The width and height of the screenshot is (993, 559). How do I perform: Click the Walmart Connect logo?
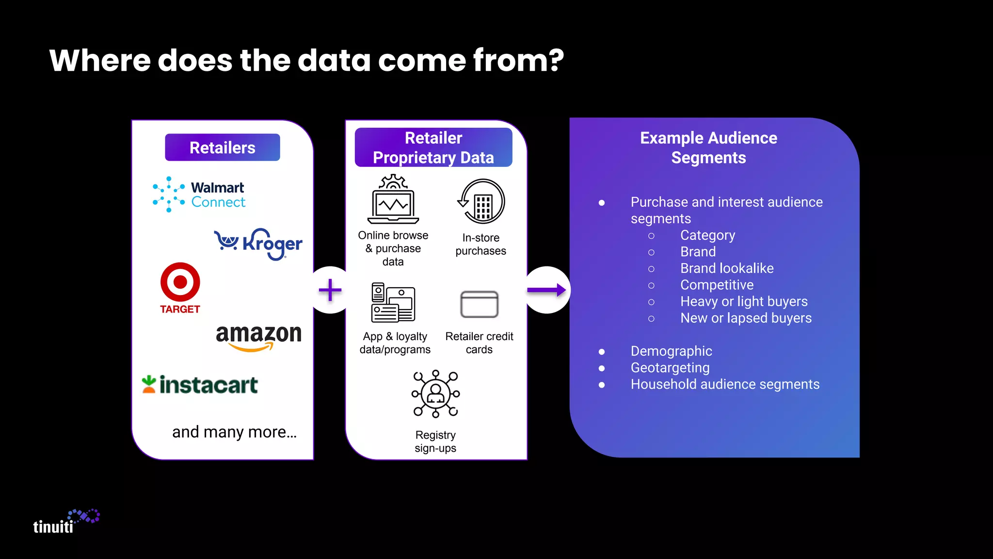(x=199, y=195)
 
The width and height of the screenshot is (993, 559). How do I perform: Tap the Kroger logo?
(x=258, y=243)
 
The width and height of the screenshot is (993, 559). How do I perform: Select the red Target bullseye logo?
(x=180, y=282)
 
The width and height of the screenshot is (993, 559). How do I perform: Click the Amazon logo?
(x=258, y=336)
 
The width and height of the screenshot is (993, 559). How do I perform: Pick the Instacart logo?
(x=200, y=385)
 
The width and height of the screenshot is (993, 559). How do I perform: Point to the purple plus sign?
(x=330, y=290)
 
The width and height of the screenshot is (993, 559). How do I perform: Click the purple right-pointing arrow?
(x=546, y=290)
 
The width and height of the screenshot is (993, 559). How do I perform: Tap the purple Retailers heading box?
(x=223, y=148)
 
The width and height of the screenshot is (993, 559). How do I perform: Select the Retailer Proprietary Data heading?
(x=433, y=148)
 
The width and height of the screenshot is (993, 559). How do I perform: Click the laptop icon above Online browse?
(x=393, y=199)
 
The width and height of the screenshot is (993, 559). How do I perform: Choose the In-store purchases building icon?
(x=481, y=201)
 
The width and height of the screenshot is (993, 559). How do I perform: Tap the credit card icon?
(x=479, y=304)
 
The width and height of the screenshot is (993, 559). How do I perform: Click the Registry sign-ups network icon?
(x=435, y=394)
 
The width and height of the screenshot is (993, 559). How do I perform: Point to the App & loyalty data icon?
(x=393, y=303)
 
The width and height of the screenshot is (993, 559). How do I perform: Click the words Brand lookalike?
(x=727, y=268)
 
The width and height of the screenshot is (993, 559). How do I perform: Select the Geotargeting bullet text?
(x=670, y=368)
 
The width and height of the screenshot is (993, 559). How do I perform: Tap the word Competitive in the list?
(x=717, y=285)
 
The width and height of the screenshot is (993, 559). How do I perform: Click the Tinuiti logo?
(x=66, y=522)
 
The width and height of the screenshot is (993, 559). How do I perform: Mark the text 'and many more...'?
(x=234, y=432)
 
